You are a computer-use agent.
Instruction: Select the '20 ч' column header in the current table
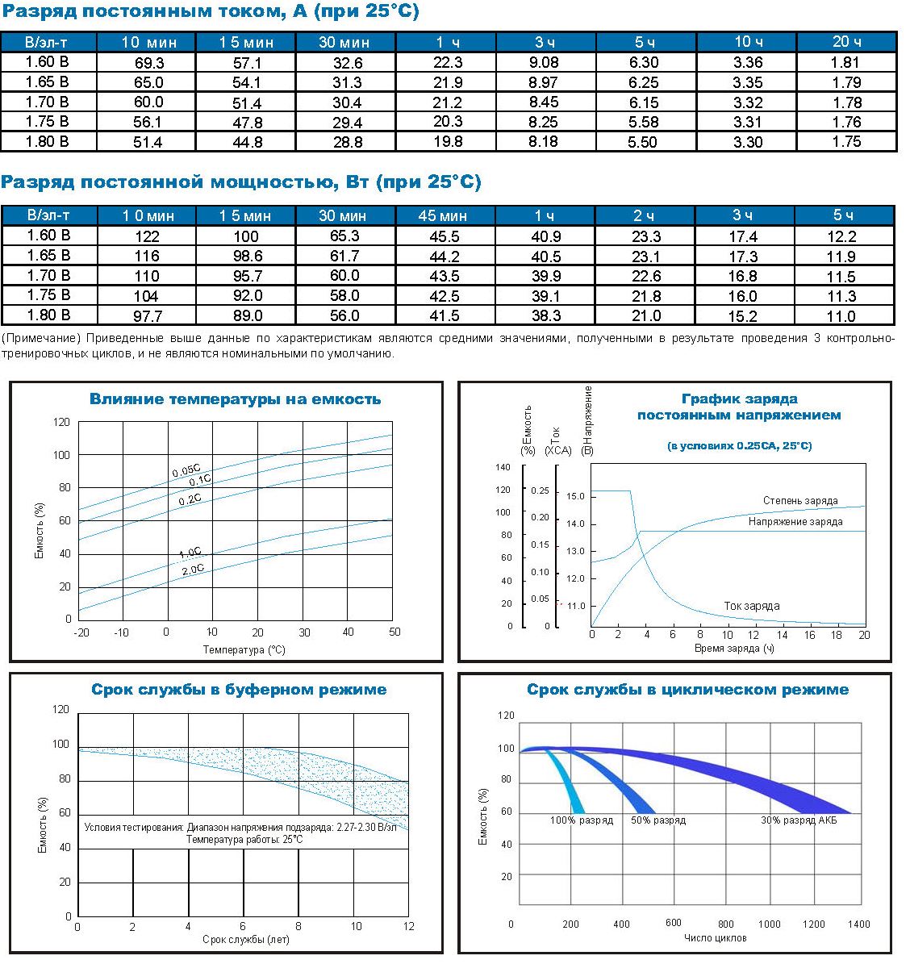click(846, 42)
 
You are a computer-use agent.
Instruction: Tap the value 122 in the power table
click(147, 236)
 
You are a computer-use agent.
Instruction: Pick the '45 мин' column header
click(442, 215)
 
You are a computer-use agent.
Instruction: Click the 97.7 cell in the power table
click(147, 315)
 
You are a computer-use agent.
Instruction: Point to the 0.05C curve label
click(186, 471)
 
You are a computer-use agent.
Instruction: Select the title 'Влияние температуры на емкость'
click(235, 399)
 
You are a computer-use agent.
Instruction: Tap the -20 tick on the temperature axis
click(81, 632)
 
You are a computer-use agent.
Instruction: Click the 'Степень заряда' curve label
click(800, 501)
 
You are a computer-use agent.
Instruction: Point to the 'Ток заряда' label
click(751, 606)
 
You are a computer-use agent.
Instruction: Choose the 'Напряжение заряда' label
click(795, 522)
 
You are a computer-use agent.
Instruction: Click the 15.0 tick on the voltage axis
click(575, 497)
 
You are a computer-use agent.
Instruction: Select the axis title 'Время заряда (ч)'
click(734, 649)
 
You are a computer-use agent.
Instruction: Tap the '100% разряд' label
click(582, 820)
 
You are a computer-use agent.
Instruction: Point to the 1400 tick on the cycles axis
click(859, 924)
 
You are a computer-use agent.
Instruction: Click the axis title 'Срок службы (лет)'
click(245, 940)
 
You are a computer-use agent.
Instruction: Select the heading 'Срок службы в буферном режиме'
click(239, 690)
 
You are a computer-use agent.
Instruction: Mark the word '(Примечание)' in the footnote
click(40, 339)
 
